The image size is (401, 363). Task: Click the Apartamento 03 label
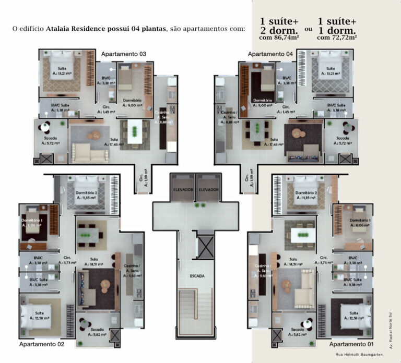click(x=124, y=54)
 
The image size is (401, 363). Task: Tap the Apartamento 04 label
click(x=270, y=54)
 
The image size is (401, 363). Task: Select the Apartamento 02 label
click(x=42, y=345)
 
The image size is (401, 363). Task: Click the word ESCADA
click(x=197, y=275)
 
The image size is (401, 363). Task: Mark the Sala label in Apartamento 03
click(x=113, y=139)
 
